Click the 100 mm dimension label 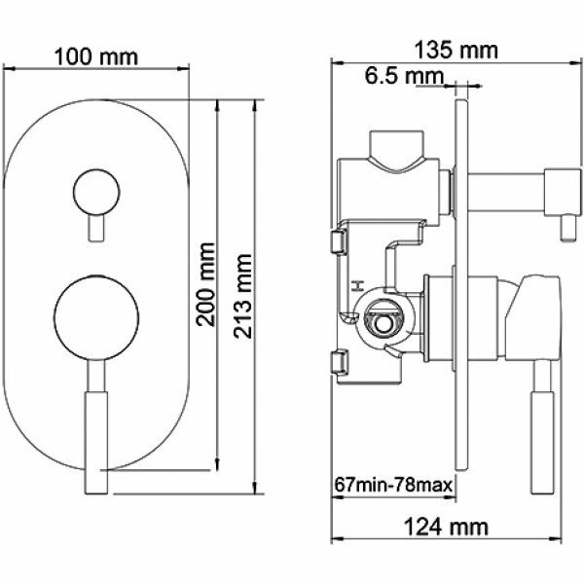[96, 57]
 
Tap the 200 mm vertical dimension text [206, 285]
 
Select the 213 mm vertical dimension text [242, 296]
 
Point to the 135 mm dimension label [456, 51]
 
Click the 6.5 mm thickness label [404, 76]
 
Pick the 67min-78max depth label [393, 486]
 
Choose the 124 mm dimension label [446, 528]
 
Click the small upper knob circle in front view [96, 193]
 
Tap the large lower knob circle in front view [96, 318]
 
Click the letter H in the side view [358, 286]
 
